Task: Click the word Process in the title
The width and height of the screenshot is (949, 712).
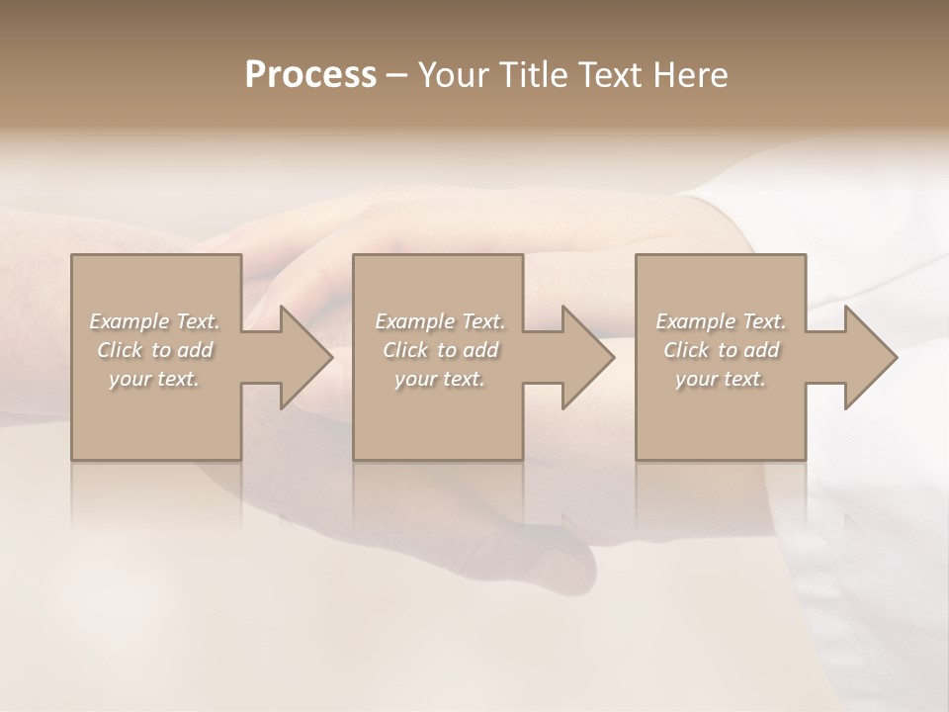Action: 310,74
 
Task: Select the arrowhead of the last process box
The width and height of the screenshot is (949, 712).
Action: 869,357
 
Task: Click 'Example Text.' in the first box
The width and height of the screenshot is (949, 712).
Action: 155,321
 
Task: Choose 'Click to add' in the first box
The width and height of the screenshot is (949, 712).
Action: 155,350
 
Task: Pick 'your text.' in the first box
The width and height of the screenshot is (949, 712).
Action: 155,379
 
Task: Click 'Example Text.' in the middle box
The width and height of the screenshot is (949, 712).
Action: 440,321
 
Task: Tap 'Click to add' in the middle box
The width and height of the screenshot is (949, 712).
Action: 440,350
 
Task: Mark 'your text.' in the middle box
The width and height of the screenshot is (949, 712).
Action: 440,379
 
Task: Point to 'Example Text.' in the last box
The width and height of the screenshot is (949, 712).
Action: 721,321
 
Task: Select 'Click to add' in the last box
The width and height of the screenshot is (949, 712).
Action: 721,350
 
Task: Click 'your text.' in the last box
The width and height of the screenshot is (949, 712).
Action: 721,379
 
